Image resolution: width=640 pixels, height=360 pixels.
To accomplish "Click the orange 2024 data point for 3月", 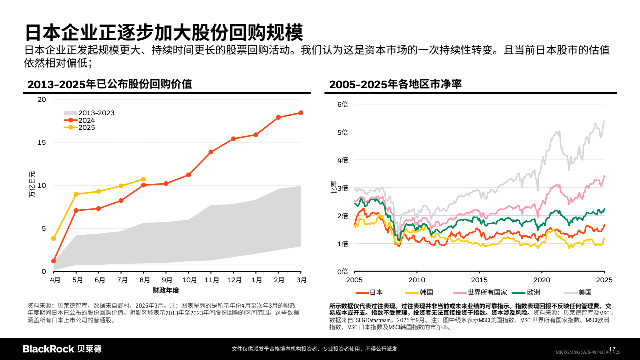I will (301, 113).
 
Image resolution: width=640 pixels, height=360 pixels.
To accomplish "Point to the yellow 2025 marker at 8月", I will (143, 179).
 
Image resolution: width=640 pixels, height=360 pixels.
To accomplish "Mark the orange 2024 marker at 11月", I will (211, 152).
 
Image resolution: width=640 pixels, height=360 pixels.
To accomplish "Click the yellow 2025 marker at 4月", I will (53, 238).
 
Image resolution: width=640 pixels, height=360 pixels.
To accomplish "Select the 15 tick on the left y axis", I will (42, 142).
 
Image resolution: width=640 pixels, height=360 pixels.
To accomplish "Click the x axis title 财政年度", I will (166, 290).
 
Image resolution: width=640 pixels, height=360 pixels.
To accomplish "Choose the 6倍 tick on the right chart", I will (342, 104).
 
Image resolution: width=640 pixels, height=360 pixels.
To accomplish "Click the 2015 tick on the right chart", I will (479, 280).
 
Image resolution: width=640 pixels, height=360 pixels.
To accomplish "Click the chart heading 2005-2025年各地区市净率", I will (395, 85).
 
